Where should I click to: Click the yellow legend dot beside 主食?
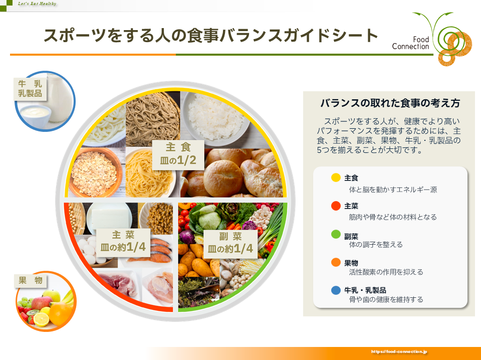[x=336, y=177]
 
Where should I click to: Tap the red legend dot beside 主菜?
[x=336, y=206]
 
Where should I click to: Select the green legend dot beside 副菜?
[x=336, y=234]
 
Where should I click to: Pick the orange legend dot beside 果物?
[x=336, y=262]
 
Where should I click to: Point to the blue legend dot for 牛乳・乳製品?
[x=336, y=290]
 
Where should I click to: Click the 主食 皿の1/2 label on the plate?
[x=178, y=155]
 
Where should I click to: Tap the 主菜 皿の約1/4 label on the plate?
[x=123, y=243]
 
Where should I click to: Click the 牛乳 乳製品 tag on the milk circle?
[x=30, y=89]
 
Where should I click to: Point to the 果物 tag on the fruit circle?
[x=31, y=280]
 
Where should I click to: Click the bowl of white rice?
[x=215, y=118]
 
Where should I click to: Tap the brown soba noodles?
[x=153, y=118]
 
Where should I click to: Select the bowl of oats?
[x=95, y=172]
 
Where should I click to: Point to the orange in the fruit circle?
[x=60, y=313]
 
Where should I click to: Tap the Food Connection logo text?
[x=410, y=43]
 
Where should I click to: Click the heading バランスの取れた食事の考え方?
[x=390, y=103]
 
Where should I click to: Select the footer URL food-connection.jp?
[x=399, y=351]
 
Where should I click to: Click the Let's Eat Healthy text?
[x=37, y=4]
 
